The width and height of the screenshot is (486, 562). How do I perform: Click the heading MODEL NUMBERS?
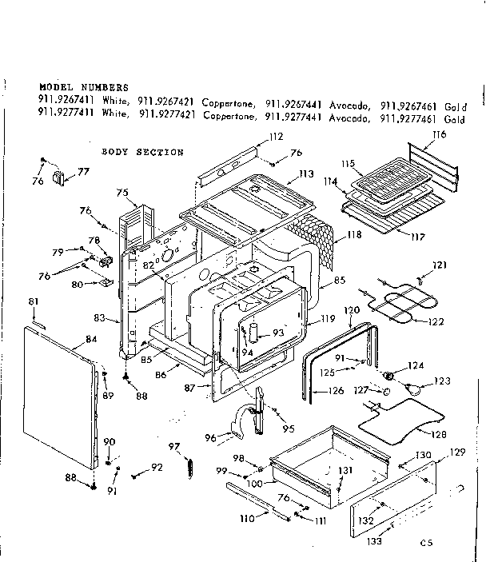coord(82,86)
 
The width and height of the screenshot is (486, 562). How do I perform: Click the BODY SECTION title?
coord(142,152)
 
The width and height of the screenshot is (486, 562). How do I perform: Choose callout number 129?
coord(456,452)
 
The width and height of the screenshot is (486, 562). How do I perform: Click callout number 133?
coord(374,540)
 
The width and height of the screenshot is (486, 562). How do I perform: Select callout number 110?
coord(247,518)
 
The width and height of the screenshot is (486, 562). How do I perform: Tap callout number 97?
coord(173,446)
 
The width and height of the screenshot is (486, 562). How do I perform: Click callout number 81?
coord(33,301)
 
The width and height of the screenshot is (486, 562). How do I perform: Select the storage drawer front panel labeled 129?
coord(392,504)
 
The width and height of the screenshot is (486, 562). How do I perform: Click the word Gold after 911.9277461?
coord(454,120)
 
